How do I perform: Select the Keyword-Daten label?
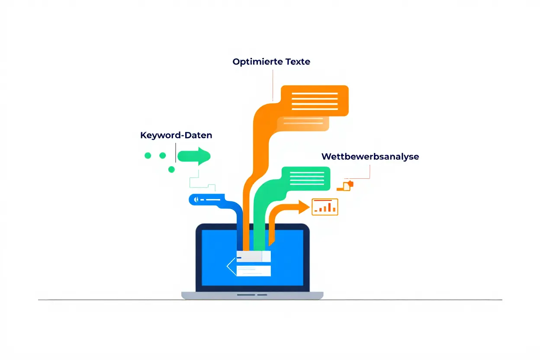[x=176, y=135]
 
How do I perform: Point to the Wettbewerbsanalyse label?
[x=370, y=157]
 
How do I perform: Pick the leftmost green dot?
[x=148, y=156]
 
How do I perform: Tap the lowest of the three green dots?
[x=171, y=170]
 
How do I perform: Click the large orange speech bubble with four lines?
[x=315, y=101]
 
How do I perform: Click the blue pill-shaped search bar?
[x=208, y=199]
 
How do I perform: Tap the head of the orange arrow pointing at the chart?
[x=303, y=206]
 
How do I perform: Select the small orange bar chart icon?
[x=325, y=207]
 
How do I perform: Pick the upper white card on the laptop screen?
[x=254, y=256]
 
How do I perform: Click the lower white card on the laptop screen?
[x=254, y=271]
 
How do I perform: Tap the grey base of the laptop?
[x=252, y=295]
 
